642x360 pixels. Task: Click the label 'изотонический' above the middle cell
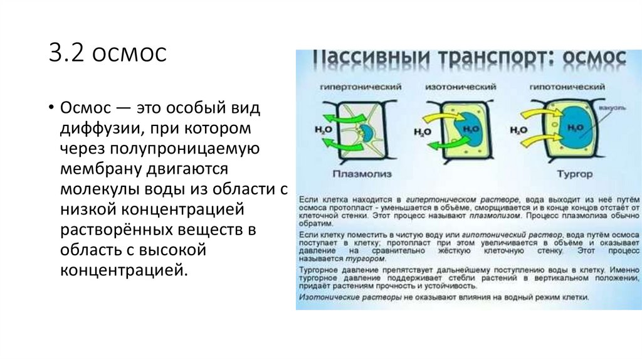click(455, 85)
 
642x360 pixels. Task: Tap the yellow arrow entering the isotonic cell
click(436, 118)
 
